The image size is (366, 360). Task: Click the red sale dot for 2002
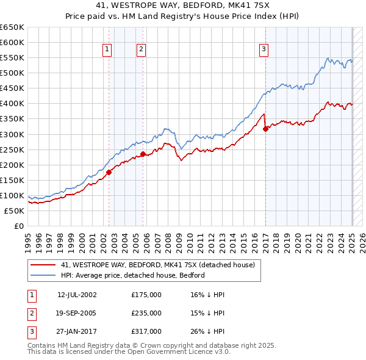[x=109, y=172]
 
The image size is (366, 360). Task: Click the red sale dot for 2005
[x=143, y=154]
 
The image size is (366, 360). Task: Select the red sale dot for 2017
[x=266, y=129]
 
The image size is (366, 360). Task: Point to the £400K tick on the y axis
[x=13, y=104]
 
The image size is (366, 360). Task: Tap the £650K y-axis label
[x=13, y=27]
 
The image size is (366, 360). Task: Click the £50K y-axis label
[x=15, y=211]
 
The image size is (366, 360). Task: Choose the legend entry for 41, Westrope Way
[x=161, y=265]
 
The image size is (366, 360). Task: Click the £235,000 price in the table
[x=146, y=313]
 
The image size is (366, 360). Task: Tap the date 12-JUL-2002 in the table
[x=77, y=295]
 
